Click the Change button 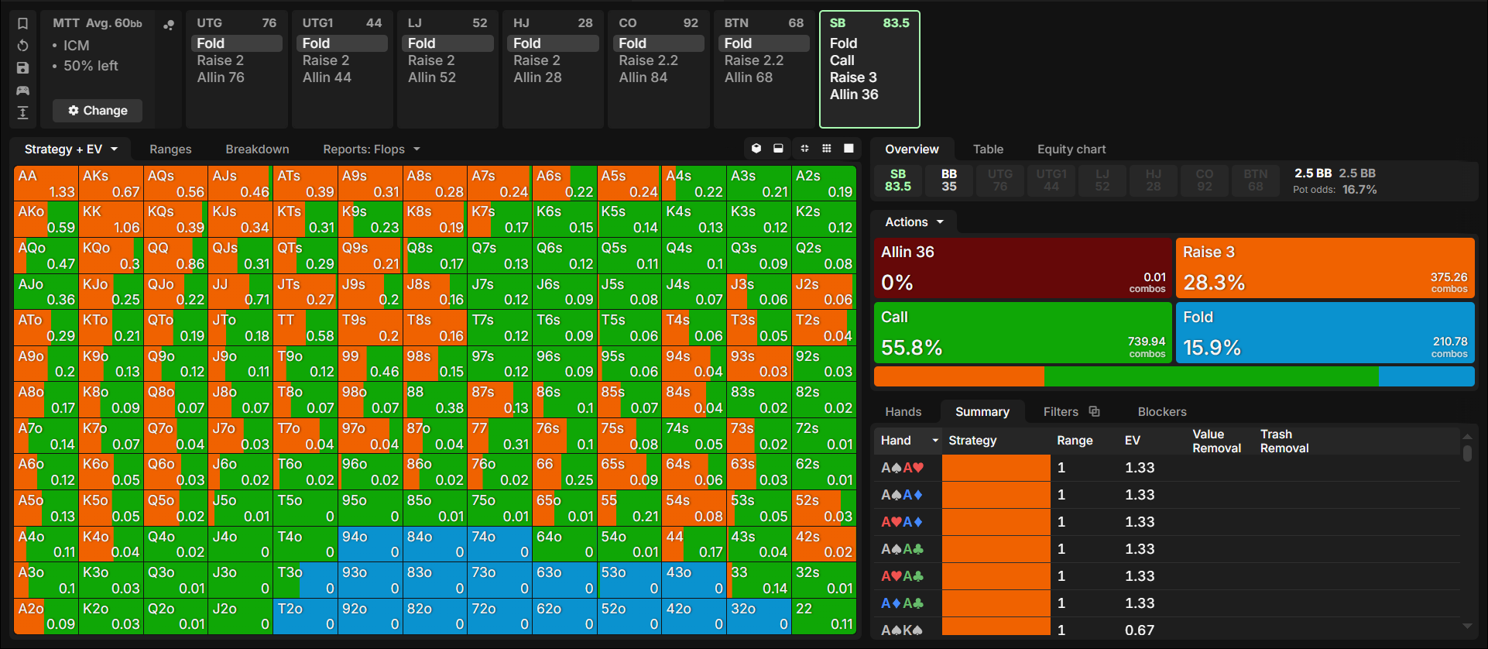pos(98,111)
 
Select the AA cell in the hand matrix pos(46,184)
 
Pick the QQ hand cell pos(176,256)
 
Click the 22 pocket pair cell pos(824,616)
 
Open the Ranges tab pos(170,149)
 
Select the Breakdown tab pos(257,149)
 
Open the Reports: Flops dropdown pos(372,149)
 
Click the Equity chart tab pos(1071,149)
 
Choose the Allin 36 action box pos(1023,268)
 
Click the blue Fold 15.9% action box pos(1325,332)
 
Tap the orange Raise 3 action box pos(1325,268)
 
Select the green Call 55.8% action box pos(1023,332)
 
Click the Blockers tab pos(1162,412)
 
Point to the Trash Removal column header pos(1284,441)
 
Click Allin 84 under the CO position pos(643,77)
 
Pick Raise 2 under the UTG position pos(221,60)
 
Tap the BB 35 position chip pos(949,180)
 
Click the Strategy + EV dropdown pos(71,149)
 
